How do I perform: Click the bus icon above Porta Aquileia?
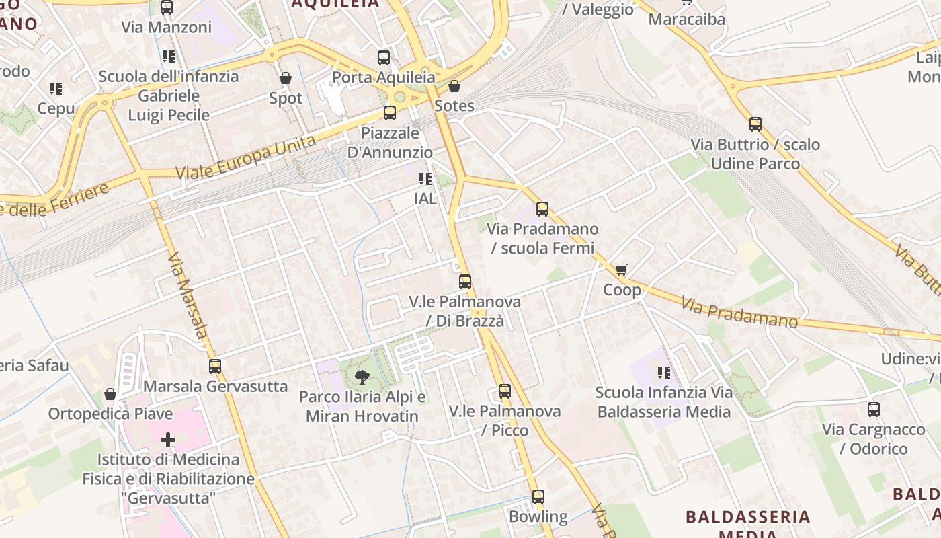click(384, 57)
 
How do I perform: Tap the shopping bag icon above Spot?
click(286, 78)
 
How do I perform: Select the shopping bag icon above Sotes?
click(454, 86)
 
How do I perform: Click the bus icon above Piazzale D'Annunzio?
click(390, 112)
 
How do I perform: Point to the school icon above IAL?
click(425, 179)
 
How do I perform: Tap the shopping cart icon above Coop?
click(621, 270)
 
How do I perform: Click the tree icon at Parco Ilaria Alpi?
click(362, 377)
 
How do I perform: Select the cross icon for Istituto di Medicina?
click(167, 440)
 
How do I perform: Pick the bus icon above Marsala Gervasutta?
click(215, 366)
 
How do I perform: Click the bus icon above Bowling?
click(538, 497)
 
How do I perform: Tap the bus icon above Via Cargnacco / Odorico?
click(874, 409)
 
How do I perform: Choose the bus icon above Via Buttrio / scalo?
click(755, 124)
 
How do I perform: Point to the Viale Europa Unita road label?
click(245, 156)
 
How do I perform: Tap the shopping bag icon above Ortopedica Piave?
click(110, 393)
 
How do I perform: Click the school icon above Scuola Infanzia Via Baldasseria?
click(664, 372)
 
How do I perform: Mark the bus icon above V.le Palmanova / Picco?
click(504, 391)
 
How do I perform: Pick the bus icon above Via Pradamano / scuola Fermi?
click(542, 208)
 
